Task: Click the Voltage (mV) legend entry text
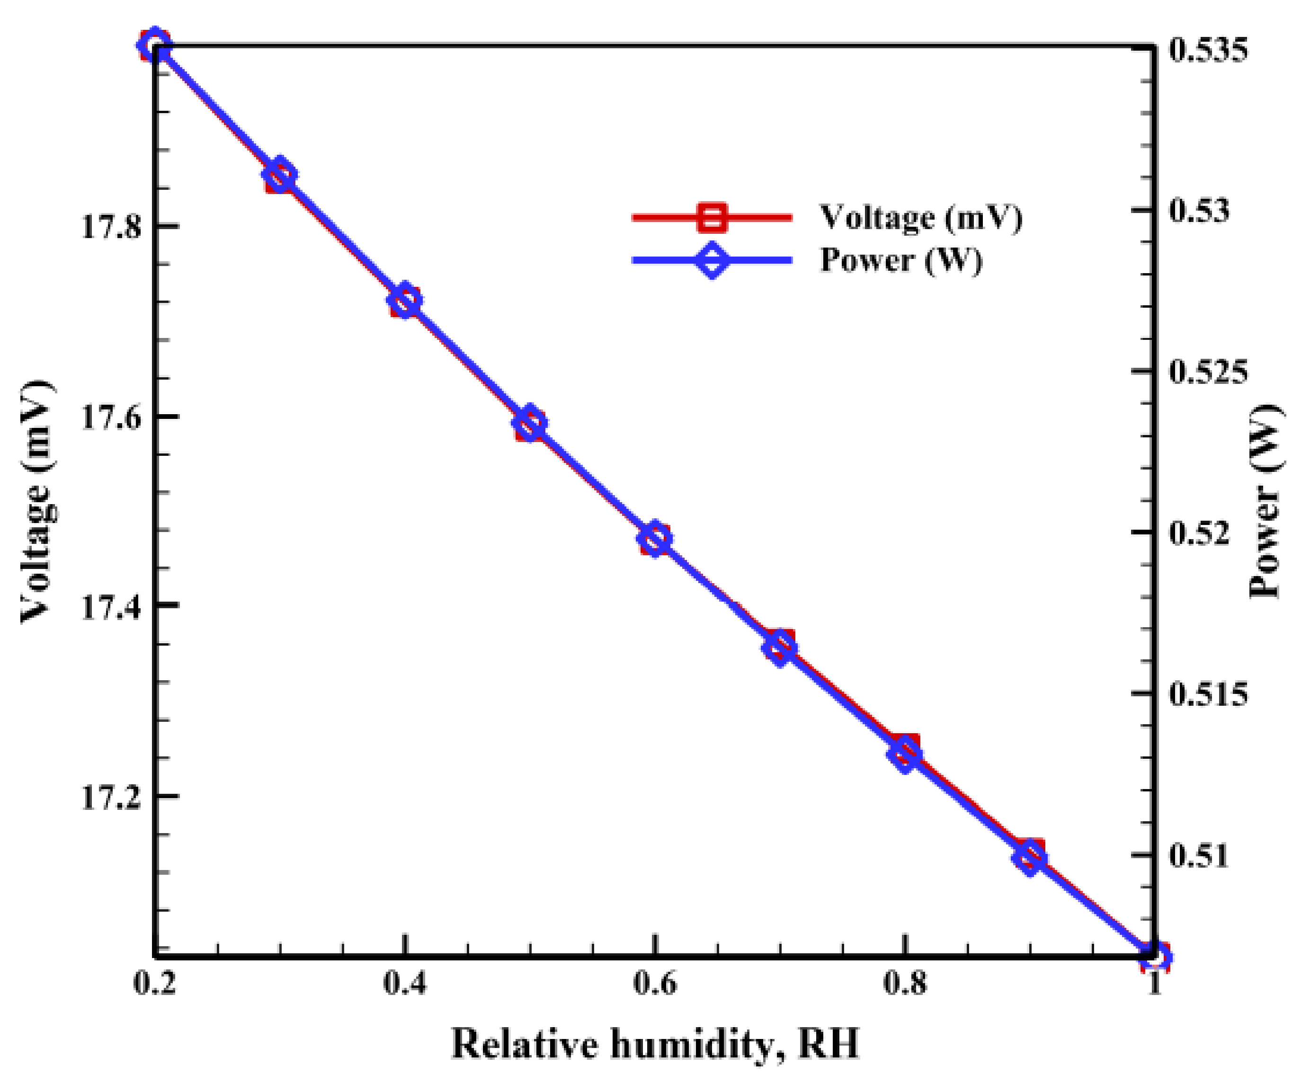pyautogui.click(x=921, y=217)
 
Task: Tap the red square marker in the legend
pyautogui.click(x=712, y=217)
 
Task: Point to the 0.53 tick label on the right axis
pyautogui.click(x=1199, y=211)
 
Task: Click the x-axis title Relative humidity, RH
pyautogui.click(x=655, y=1043)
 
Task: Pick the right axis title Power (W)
pyautogui.click(x=1264, y=502)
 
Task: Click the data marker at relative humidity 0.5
pyautogui.click(x=530, y=424)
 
